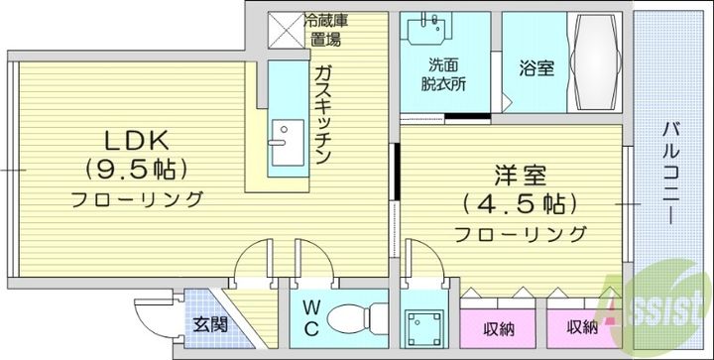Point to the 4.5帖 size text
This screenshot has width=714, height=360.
[x=520, y=205]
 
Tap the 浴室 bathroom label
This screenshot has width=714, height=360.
[x=536, y=69]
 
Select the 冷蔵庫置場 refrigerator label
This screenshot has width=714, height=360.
[x=324, y=31]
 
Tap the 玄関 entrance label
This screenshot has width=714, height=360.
[x=209, y=323]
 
